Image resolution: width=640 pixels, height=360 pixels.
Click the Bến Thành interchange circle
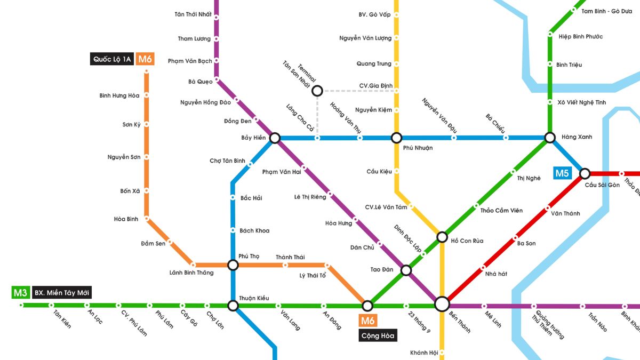tap(442, 304)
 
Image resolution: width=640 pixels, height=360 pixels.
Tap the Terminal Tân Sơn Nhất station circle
tap(317, 91)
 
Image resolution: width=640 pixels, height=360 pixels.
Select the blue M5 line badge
tap(563, 173)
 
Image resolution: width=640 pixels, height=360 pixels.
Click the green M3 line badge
tap(20, 292)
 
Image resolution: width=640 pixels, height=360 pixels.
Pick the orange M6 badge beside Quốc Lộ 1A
tap(145, 59)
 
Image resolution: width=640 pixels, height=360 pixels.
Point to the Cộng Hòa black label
tap(378, 335)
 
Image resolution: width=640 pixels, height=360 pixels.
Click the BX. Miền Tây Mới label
tap(62, 292)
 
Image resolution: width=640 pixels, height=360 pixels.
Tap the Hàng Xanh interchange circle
tap(550, 138)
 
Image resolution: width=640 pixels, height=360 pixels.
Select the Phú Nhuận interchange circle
tap(396, 138)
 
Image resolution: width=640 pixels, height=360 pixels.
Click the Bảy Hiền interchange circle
tap(275, 138)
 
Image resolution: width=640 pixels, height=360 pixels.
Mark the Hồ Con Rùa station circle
tap(442, 237)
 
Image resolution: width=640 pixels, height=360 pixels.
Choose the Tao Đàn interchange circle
tap(406, 270)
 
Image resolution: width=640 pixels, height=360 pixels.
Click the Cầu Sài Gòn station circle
tap(585, 173)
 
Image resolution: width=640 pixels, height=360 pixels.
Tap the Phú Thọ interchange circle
tap(233, 265)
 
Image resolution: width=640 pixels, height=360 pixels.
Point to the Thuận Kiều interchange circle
tap(233, 306)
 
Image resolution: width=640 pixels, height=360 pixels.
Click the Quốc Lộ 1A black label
tap(111, 59)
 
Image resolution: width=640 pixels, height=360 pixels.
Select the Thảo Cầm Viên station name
tap(501, 210)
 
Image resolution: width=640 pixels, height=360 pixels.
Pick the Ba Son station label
tap(526, 243)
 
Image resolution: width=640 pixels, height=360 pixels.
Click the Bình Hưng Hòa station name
tap(119, 95)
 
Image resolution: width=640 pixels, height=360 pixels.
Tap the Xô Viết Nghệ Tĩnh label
tap(582, 102)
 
